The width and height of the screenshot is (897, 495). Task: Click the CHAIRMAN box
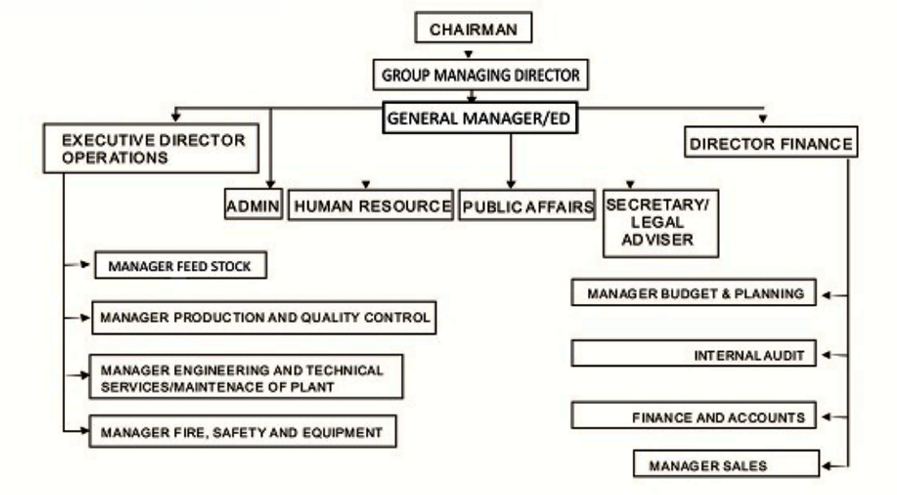473,29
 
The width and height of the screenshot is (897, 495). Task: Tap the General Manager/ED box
481,117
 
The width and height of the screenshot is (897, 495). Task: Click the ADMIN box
253,206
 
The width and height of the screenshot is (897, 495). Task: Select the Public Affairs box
527,206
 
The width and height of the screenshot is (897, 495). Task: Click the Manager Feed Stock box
181,266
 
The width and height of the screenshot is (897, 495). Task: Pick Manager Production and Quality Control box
263,318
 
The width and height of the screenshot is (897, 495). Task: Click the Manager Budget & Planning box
693,293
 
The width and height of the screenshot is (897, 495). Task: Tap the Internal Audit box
693,355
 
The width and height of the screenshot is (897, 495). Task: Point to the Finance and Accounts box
693,417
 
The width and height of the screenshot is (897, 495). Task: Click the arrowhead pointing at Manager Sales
826,467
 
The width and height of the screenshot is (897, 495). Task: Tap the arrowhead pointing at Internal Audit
826,355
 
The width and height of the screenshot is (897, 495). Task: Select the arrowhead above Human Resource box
366,185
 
